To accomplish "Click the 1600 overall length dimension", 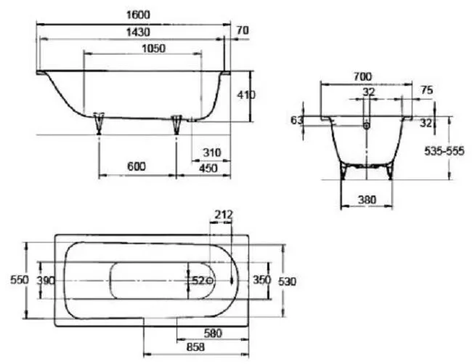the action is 138,15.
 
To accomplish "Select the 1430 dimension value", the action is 138,32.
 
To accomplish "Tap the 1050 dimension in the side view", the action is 153,49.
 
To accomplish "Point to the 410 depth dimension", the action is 246,95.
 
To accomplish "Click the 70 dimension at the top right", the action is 243,31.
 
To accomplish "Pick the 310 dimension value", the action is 212,153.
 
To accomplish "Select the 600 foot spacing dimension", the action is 137,166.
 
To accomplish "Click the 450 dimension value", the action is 208,168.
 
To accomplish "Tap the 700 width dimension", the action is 362,77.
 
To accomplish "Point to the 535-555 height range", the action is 444,151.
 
